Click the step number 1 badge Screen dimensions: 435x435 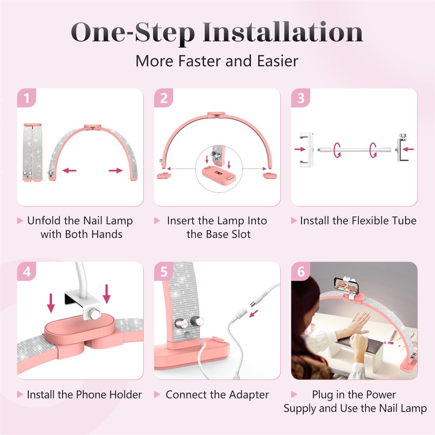27,97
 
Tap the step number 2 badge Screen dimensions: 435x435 164,97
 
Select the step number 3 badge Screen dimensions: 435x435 301,97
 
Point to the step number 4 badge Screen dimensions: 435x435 27,271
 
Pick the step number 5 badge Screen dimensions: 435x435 164,271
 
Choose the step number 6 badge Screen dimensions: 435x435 301,271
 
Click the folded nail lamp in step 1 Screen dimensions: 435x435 33,153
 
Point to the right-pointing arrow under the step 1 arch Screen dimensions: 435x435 116,171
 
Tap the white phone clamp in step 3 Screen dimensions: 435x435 307,150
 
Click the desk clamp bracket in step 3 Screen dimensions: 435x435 403,147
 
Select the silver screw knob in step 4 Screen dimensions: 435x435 95,315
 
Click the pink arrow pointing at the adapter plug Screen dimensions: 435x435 254,313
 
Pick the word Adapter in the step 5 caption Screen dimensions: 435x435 249,395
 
